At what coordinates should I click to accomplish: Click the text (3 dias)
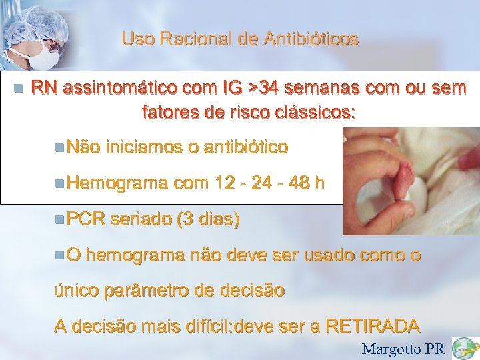207,219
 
